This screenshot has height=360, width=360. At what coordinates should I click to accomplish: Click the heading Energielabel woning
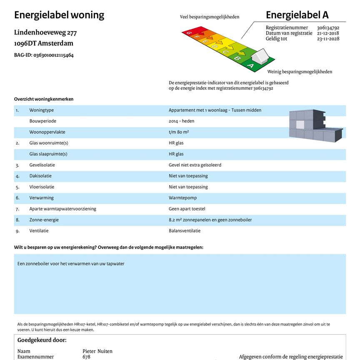[59, 15]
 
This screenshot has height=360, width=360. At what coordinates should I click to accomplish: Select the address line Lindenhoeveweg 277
[45, 32]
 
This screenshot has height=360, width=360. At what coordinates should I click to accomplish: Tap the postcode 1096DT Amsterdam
[44, 43]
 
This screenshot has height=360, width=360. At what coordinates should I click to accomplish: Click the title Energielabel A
[297, 15]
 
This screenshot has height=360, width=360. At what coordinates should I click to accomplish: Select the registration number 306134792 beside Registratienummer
[328, 28]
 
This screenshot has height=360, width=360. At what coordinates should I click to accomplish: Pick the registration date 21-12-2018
[328, 33]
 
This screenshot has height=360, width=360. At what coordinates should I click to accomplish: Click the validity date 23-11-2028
[328, 39]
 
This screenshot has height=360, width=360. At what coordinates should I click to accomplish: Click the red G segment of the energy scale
[189, 32]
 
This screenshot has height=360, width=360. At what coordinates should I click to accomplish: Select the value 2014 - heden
[181, 121]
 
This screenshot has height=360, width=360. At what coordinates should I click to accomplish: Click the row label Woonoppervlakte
[47, 132]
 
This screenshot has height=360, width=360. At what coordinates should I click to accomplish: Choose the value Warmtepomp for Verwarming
[182, 198]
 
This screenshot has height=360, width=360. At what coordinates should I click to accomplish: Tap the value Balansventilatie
[185, 231]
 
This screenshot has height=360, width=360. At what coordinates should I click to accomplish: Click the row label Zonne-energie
[44, 220]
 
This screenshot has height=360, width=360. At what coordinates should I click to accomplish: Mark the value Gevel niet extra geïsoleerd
[195, 165]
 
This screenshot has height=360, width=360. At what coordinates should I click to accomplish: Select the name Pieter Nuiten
[97, 351]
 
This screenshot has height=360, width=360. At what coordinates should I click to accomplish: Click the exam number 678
[86, 357]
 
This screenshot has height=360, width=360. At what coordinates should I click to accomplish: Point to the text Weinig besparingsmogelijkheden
[300, 72]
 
